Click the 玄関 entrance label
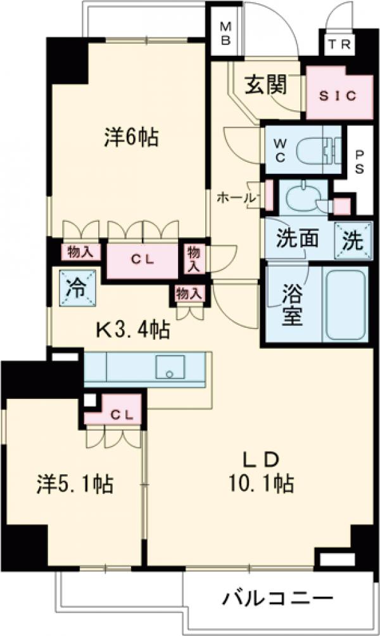(x=266, y=85)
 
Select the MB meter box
(x=225, y=33)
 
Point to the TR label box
(x=339, y=44)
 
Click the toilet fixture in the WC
(x=317, y=152)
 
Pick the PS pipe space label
(x=360, y=161)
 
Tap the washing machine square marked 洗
(x=353, y=240)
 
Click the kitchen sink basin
(x=170, y=367)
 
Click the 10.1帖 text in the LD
(x=262, y=483)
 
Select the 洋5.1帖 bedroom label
(x=75, y=484)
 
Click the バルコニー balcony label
(x=277, y=598)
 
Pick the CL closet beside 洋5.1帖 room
(x=122, y=415)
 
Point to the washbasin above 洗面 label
(x=302, y=197)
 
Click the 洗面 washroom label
(x=298, y=238)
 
